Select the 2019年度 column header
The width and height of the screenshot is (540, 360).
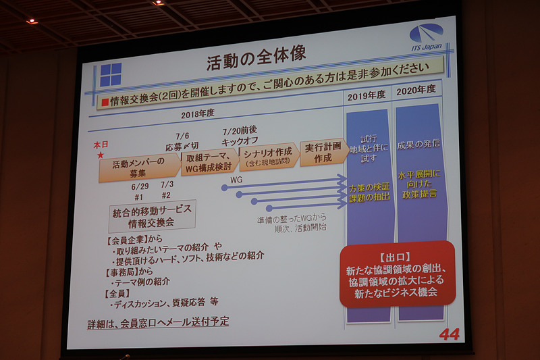click(x=366, y=95)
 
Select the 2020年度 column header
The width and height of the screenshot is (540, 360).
click(x=416, y=91)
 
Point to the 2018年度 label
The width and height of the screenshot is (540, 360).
click(x=198, y=113)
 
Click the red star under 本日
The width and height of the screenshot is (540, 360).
click(x=101, y=155)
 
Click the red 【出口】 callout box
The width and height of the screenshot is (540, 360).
click(x=396, y=274)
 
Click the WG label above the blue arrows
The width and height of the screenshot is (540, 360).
click(x=236, y=180)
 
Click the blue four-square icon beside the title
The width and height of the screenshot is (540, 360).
click(x=111, y=74)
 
